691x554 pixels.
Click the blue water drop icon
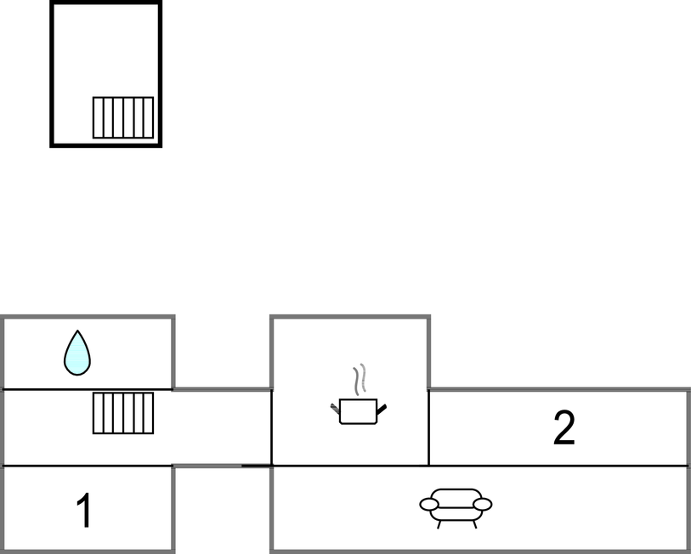(77, 353)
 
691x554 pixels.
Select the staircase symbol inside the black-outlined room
(123, 117)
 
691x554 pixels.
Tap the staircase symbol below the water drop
(123, 413)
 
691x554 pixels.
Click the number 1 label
(83, 512)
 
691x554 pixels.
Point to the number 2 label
(564, 428)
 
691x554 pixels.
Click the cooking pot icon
(358, 410)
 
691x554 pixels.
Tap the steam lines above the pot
(360, 379)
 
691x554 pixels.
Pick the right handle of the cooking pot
(382, 410)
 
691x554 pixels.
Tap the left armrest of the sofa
(429, 504)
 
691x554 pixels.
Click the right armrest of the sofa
(483, 504)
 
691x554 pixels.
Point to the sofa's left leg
(439, 524)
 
